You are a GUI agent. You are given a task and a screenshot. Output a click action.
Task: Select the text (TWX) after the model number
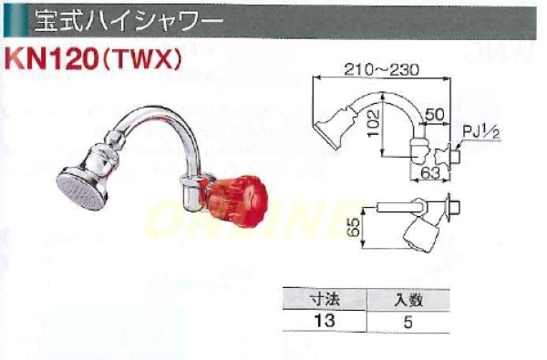(143, 57)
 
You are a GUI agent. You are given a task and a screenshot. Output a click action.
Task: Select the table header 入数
(407, 298)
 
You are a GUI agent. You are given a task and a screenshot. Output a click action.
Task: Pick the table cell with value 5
(407, 319)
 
